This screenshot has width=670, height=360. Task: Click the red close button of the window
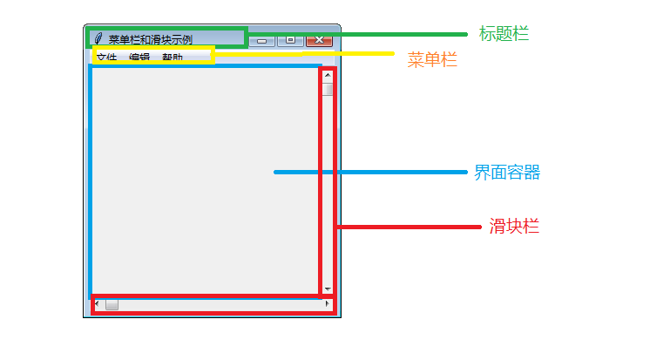tap(320, 40)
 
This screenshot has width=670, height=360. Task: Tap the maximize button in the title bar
tap(290, 40)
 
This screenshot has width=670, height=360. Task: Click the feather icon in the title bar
tap(98, 39)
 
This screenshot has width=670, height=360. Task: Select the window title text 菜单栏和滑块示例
tap(150, 40)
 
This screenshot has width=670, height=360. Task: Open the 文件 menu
tap(106, 58)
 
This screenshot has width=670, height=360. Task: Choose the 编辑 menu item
tap(139, 58)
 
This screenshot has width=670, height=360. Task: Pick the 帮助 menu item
tap(173, 58)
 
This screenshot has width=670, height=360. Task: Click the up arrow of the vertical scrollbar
tap(328, 75)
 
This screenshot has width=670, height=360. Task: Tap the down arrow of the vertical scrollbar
tap(328, 289)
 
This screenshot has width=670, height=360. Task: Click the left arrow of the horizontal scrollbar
tap(97, 304)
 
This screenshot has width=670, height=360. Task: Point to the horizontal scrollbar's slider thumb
tap(112, 304)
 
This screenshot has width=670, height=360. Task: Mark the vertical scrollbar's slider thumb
tap(328, 88)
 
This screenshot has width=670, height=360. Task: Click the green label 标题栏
tap(504, 34)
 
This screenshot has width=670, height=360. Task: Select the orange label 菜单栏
tap(432, 60)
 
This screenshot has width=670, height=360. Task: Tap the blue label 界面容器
tap(507, 173)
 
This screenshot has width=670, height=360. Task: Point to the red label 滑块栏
tap(514, 227)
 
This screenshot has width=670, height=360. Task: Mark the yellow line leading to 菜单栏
tap(305, 54)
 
